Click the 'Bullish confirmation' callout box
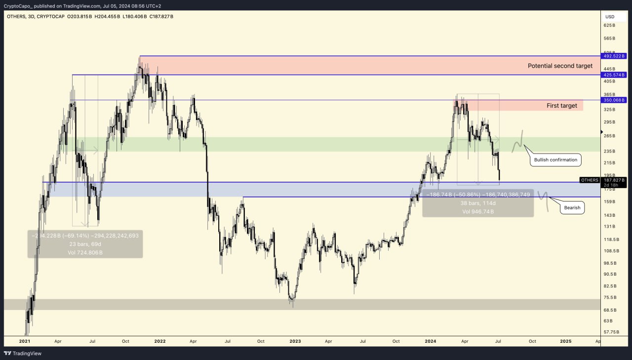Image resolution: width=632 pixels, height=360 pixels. [555, 160]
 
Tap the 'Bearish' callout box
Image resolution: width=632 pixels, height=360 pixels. [572, 208]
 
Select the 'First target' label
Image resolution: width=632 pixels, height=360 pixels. [561, 106]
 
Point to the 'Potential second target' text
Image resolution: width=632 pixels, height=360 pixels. [560, 66]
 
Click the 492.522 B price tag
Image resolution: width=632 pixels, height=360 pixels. [614, 56]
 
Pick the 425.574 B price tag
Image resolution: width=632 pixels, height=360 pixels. [614, 75]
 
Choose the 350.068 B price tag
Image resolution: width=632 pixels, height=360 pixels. [614, 100]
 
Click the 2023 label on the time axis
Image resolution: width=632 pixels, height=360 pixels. [295, 341]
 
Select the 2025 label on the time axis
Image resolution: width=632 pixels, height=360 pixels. [566, 341]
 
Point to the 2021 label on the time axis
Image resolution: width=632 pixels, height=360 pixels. [25, 341]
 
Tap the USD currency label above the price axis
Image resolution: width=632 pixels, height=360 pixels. [609, 16]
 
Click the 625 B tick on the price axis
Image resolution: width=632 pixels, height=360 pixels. [610, 25]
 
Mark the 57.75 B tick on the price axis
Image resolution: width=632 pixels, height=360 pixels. [611, 332]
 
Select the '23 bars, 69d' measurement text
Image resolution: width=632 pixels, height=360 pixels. [85, 244]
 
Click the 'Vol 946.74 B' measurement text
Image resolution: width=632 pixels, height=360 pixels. [478, 211]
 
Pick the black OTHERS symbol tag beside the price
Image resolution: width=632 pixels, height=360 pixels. [590, 180]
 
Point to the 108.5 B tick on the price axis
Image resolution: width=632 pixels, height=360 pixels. [611, 251]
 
